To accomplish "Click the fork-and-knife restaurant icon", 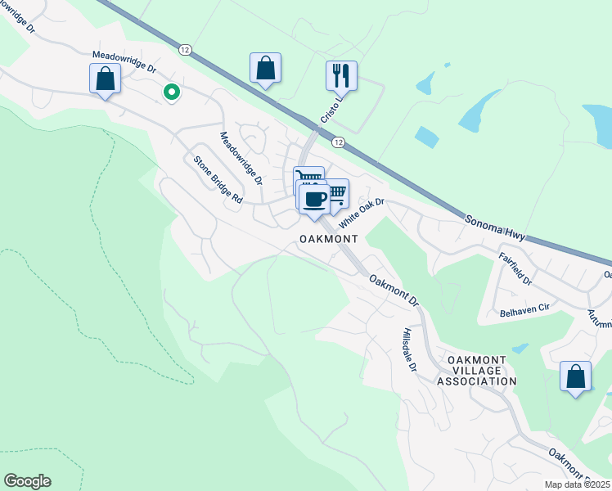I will tap(341, 75).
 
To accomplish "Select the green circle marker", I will tap(171, 92).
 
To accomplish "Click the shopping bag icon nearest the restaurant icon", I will tap(265, 68).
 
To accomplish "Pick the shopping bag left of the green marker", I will tap(105, 79).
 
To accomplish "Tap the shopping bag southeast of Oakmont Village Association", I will tap(576, 376).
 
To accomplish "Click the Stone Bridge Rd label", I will tap(218, 181).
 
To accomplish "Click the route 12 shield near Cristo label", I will tap(338, 142).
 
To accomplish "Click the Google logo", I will tap(27, 481).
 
